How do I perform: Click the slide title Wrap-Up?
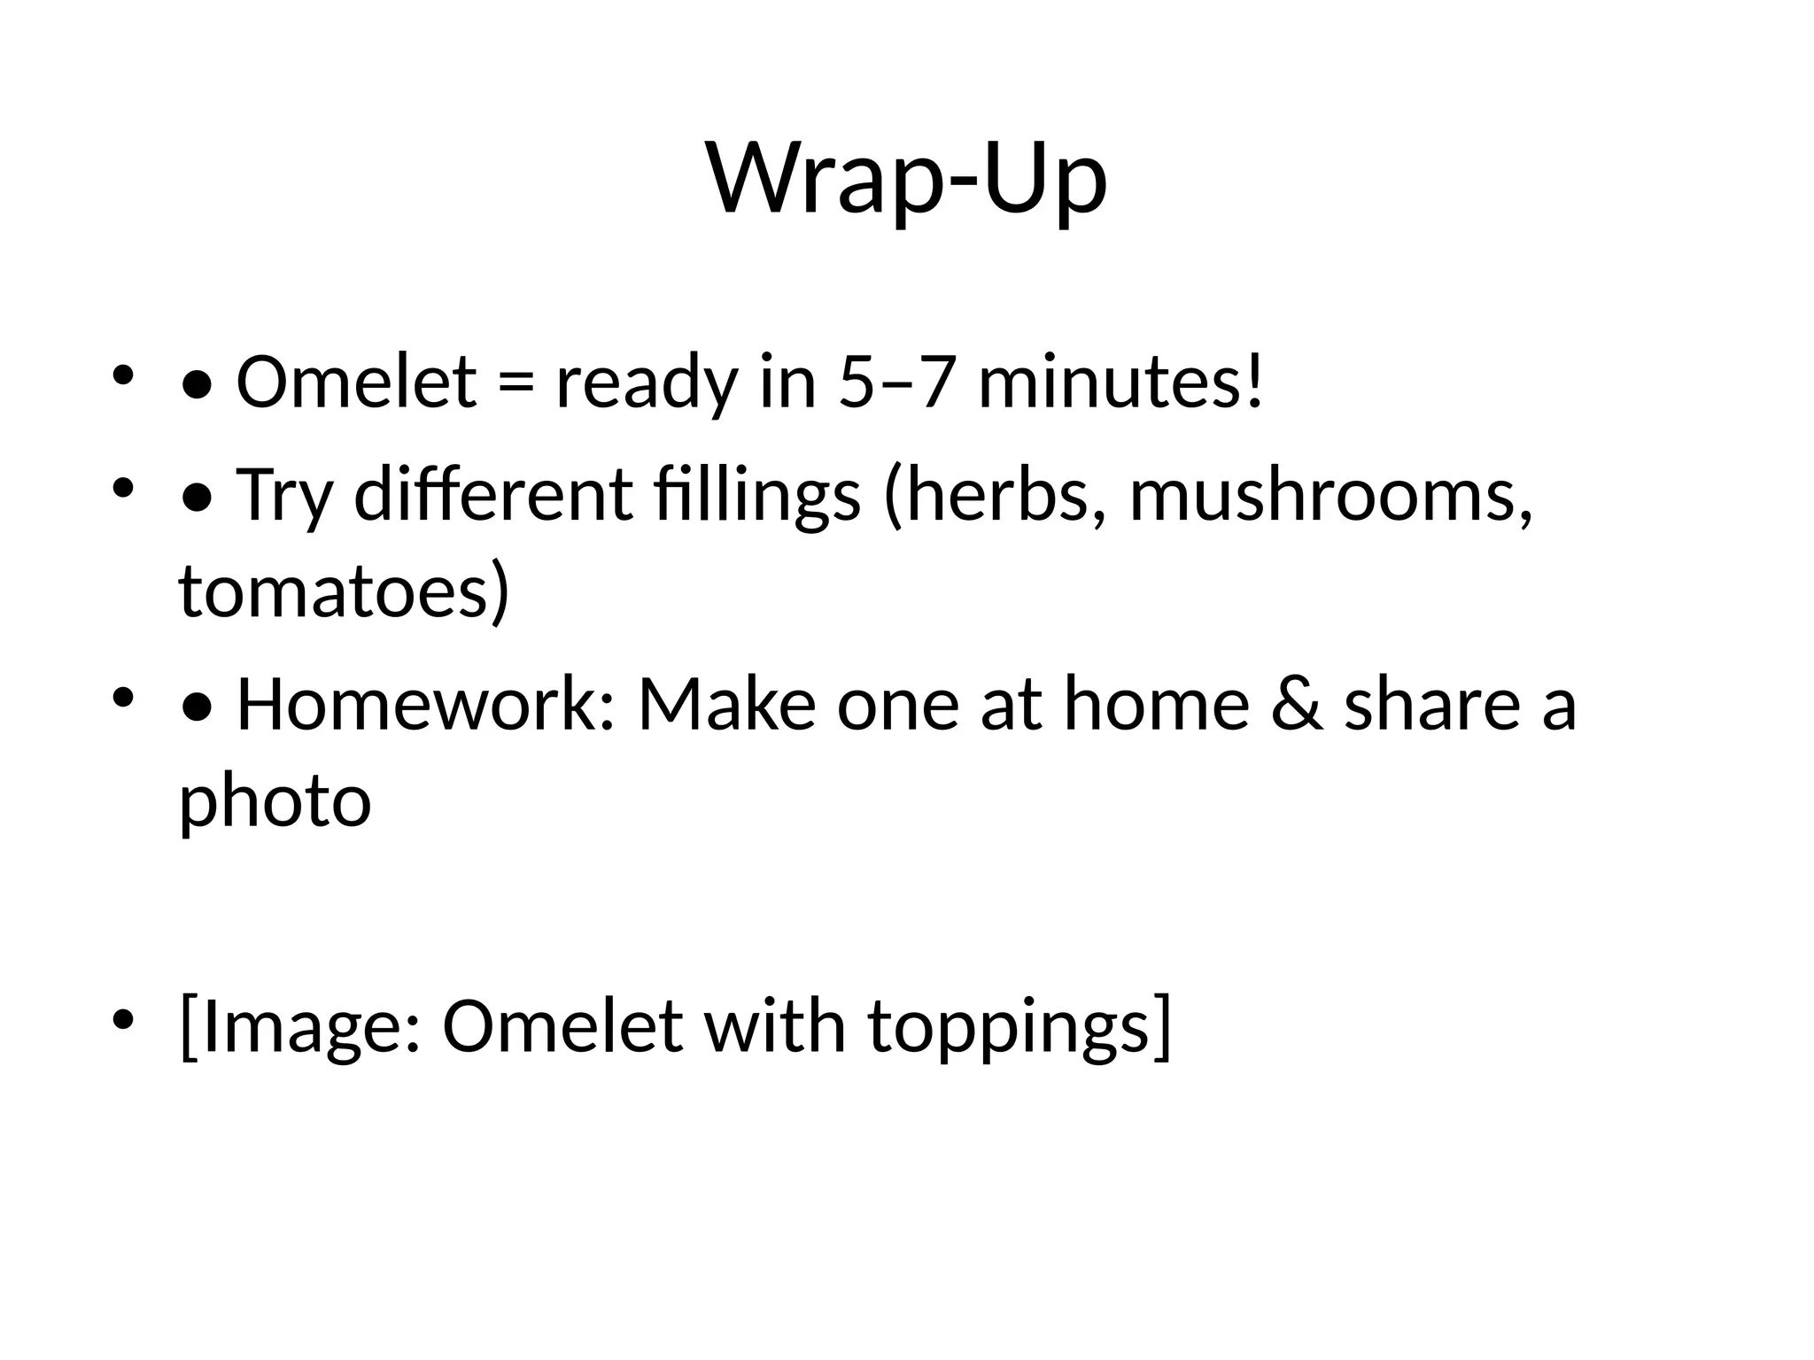pyautogui.click(x=906, y=180)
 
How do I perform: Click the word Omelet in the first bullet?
pyautogui.click(x=356, y=382)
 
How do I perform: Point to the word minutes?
pyautogui.click(x=1120, y=382)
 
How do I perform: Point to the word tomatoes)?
pyautogui.click(x=345, y=591)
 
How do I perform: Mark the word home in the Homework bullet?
pyautogui.click(x=1156, y=704)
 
